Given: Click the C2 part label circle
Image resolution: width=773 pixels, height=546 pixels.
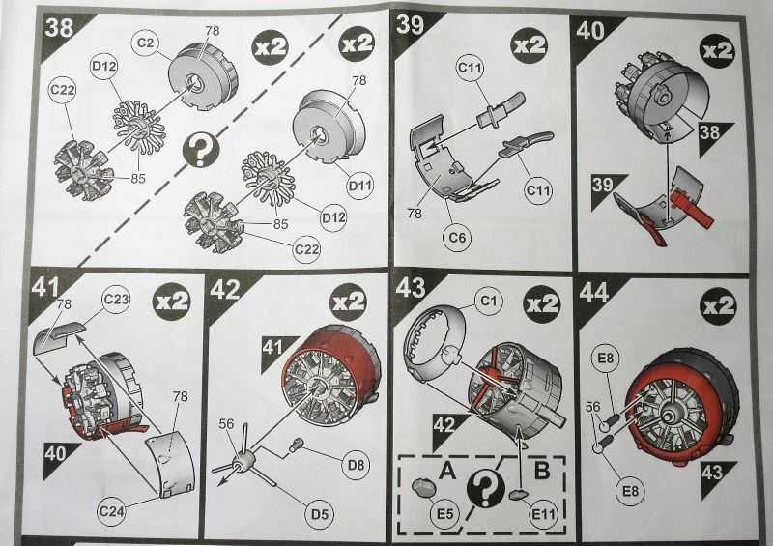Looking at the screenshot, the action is coord(146,43).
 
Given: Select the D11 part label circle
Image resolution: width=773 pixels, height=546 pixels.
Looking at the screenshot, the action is coord(359,186).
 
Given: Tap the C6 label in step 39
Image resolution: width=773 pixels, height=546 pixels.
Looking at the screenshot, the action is coord(457,238).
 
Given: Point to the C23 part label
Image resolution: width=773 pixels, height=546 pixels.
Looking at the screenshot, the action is coord(116,300).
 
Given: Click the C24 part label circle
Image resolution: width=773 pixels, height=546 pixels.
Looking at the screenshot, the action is coord(112,511).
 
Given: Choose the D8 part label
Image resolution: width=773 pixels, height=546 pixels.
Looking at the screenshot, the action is coord(356,465).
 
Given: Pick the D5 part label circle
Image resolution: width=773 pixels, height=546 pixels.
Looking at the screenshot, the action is coord(320,514).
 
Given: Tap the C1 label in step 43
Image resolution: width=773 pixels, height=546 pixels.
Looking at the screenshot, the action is coord(488,301).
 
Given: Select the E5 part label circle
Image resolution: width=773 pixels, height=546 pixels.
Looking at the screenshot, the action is coord(444,514).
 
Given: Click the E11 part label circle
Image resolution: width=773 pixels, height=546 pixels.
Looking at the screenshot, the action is coord(543,514).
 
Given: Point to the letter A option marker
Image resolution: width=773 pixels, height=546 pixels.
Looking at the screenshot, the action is coord(447,471).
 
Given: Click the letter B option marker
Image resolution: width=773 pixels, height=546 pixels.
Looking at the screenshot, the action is coord(542,471).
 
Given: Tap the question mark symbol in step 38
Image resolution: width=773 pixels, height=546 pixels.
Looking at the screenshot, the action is coord(201,151).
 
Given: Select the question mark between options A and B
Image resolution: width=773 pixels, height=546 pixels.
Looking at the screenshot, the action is coord(485,488).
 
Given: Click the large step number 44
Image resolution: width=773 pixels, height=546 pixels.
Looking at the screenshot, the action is coord(594,292).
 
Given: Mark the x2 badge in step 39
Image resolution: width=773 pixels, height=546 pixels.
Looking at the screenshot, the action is coord(530,45).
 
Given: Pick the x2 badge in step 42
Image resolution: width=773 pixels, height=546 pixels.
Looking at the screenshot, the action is coord(349,302).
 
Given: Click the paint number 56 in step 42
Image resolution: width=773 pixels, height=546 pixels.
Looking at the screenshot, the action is coord(226,424).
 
